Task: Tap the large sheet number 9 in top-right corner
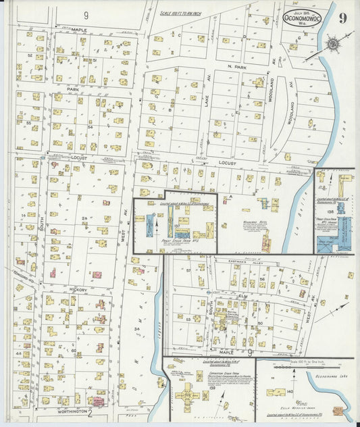click(343, 18)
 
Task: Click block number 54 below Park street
click(90, 126)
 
